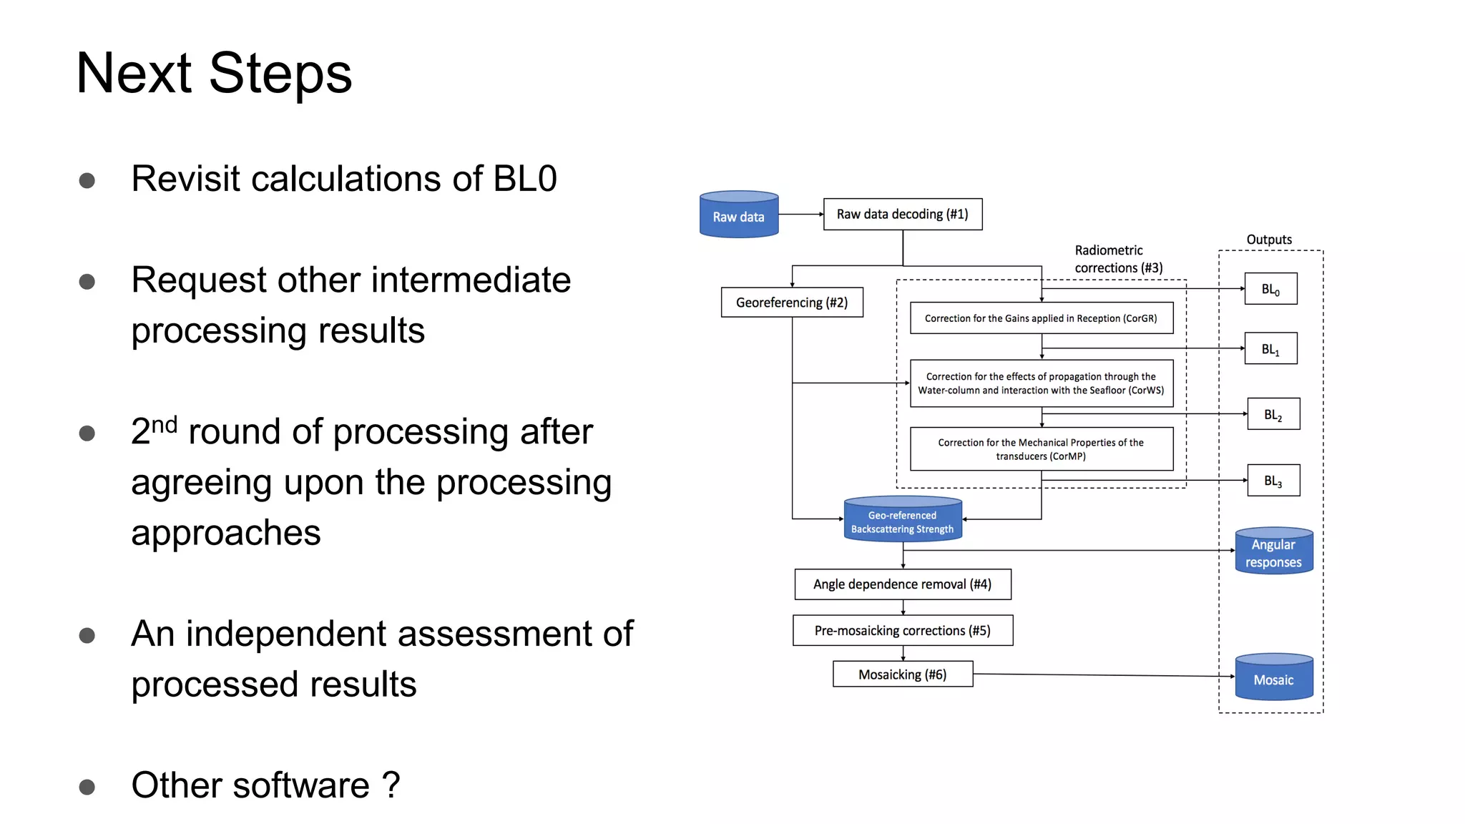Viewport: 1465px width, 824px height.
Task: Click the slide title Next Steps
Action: click(x=214, y=73)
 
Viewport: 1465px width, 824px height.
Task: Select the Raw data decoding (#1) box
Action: click(x=902, y=215)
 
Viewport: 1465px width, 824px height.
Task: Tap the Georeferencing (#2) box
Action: click(x=791, y=303)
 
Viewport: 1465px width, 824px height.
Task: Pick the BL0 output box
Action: click(x=1270, y=289)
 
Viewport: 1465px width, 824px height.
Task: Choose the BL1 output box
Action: click(x=1270, y=349)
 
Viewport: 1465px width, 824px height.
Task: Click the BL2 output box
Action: click(x=1273, y=414)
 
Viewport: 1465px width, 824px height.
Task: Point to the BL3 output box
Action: click(x=1273, y=481)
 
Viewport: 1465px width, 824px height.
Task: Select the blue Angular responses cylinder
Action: click(x=1273, y=552)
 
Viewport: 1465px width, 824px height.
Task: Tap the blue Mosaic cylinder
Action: click(x=1273, y=678)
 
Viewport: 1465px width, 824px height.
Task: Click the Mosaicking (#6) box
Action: click(x=902, y=675)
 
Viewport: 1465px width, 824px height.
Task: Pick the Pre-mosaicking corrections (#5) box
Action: click(x=902, y=630)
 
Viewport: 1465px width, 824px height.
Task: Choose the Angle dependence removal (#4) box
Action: click(x=902, y=584)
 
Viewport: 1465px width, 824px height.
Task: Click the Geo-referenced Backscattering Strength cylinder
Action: click(x=902, y=521)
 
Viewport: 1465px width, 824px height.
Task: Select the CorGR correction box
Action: click(x=1041, y=318)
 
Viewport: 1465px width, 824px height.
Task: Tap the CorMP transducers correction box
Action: click(x=1041, y=449)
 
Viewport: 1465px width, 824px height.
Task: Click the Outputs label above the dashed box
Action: click(x=1269, y=240)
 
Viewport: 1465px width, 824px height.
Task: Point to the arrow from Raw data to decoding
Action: click(x=800, y=214)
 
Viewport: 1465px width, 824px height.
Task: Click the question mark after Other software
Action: click(x=391, y=785)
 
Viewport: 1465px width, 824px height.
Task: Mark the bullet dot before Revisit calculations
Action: click(x=87, y=180)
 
